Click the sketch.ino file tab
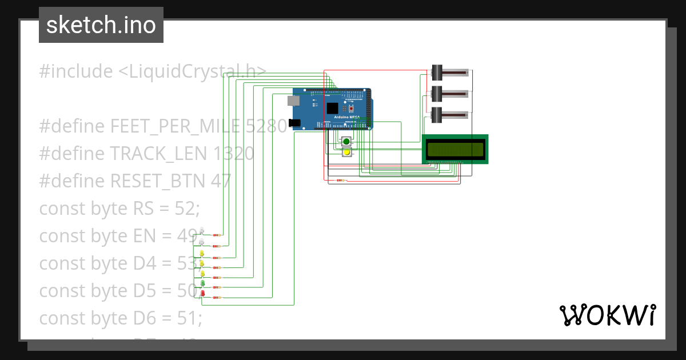pyautogui.click(x=101, y=25)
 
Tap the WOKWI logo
pyautogui.click(x=607, y=315)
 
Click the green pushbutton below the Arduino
pyautogui.click(x=346, y=142)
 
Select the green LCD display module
pyautogui.click(x=455, y=149)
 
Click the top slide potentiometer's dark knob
pyautogui.click(x=437, y=73)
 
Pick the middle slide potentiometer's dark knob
pyautogui.click(x=437, y=94)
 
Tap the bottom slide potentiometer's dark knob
pyautogui.click(x=437, y=114)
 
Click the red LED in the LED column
pyautogui.click(x=202, y=294)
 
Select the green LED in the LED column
pyautogui.click(x=202, y=283)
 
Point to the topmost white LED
pyautogui.click(x=202, y=231)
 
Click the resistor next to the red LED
pyautogui.click(x=217, y=298)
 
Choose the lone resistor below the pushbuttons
pyautogui.click(x=341, y=181)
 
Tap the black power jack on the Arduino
pyautogui.click(x=294, y=122)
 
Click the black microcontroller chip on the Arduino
pyautogui.click(x=332, y=108)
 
